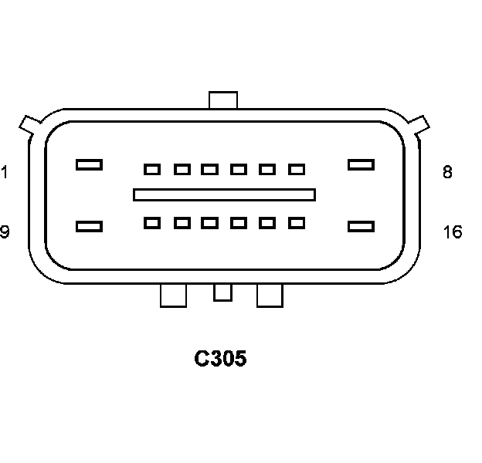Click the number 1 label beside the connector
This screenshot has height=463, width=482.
tap(4, 171)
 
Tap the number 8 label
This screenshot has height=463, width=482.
tap(447, 172)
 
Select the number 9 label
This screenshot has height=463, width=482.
tap(5, 231)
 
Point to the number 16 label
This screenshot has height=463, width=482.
tap(453, 231)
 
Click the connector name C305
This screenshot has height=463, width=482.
tap(220, 359)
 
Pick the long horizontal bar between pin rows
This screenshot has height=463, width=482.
tap(224, 194)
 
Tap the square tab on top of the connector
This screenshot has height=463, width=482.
tap(223, 100)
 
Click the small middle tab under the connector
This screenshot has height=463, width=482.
tap(222, 292)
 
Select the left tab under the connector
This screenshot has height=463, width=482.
tap(173, 295)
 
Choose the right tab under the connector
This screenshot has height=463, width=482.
tap(270, 295)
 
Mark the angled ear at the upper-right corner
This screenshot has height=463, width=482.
tap(418, 123)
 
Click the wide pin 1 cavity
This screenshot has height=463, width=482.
tap(89, 164)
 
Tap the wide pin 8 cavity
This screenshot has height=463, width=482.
tap(361, 164)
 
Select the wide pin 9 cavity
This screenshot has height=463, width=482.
tap(89, 226)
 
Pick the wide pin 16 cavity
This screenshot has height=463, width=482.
tap(361, 226)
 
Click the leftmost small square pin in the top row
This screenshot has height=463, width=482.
tap(152, 169)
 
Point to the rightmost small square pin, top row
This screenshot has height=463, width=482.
tap(297, 169)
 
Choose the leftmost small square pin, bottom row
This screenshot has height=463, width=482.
tap(152, 223)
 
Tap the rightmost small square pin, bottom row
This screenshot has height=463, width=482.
tap(297, 223)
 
